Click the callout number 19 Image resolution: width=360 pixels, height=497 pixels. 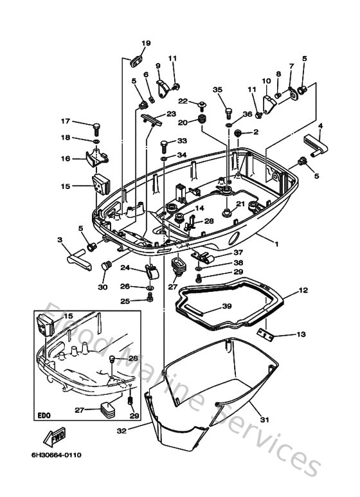(x=146, y=43)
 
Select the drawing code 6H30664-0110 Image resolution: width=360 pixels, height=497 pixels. (x=57, y=455)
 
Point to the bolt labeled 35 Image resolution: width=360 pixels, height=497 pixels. (x=228, y=112)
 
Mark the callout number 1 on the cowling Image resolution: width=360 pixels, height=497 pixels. (x=277, y=244)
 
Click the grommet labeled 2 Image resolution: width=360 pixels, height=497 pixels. (x=238, y=132)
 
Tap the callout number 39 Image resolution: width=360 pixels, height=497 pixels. (x=226, y=306)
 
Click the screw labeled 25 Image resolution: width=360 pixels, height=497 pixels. (x=150, y=297)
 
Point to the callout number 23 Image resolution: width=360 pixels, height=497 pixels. (x=170, y=113)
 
